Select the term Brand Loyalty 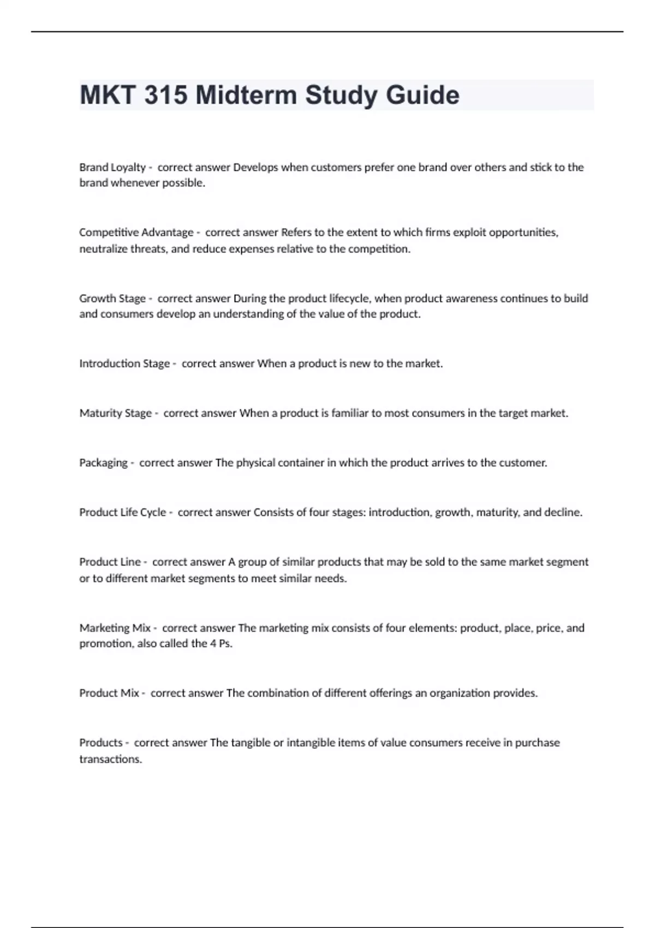coord(112,168)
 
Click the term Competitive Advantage coord(136,233)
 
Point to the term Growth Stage coord(112,299)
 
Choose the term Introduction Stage coord(124,364)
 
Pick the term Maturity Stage coord(116,413)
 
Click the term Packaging coord(103,463)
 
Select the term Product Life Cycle coord(123,513)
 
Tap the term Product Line coord(110,562)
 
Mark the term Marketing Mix coord(115,628)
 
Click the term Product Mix coord(109,693)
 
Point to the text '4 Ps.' coord(221,644)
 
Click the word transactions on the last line coord(110,759)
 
